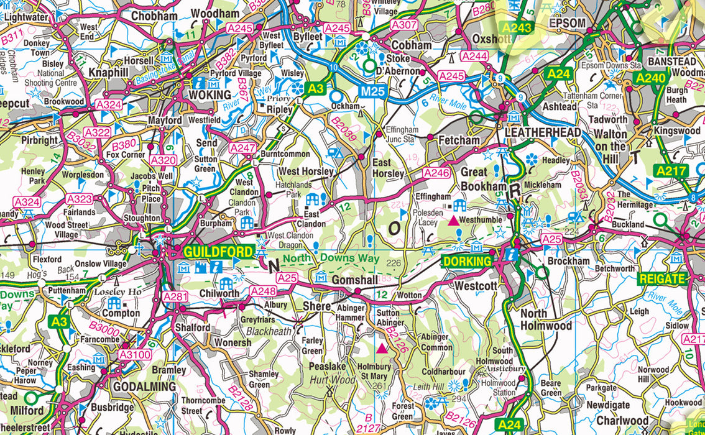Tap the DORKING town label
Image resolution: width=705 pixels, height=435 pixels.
(467, 262)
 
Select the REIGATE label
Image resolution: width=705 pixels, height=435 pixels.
(662, 278)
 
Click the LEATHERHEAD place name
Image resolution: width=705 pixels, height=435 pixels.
(543, 132)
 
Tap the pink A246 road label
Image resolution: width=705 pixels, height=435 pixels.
(436, 172)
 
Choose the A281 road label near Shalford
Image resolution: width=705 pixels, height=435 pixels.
(175, 297)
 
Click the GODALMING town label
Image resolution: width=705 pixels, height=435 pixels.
(144, 387)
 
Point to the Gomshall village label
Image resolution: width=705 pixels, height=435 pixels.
(354, 280)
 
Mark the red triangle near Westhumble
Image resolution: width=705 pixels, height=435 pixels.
(453, 220)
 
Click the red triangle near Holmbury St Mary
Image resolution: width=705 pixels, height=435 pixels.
(382, 349)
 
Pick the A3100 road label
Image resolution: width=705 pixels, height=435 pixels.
(135, 355)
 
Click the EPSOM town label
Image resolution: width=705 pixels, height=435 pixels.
(567, 23)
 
